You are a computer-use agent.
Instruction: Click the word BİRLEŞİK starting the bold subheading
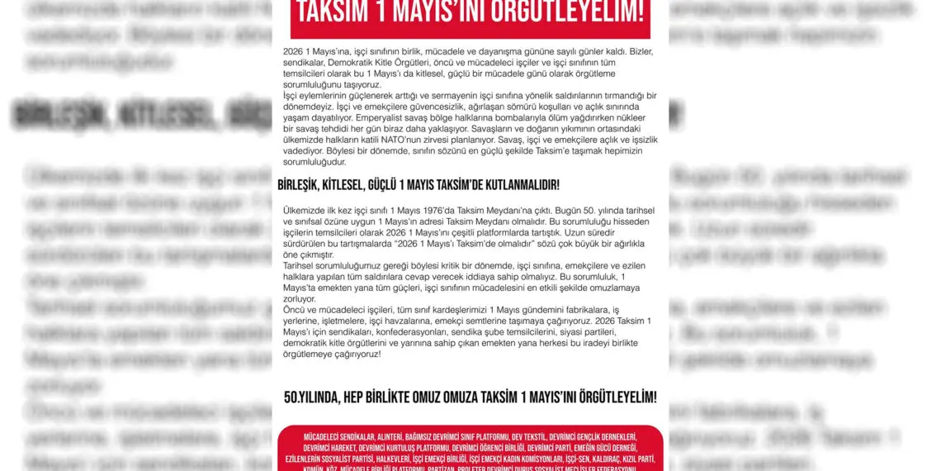pos(304,184)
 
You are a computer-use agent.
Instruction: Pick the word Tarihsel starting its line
pos(301,266)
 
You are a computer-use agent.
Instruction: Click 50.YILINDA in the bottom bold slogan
pos(311,397)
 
